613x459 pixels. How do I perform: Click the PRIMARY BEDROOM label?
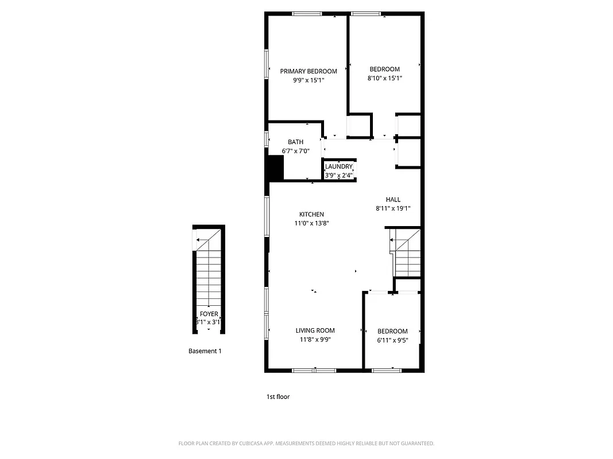pyautogui.click(x=309, y=71)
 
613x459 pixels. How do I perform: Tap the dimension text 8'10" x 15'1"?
pyautogui.click(x=384, y=79)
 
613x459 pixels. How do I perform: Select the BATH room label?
pyautogui.click(x=296, y=142)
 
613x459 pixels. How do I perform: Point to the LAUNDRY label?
pyautogui.click(x=338, y=166)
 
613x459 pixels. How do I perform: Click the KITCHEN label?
pyautogui.click(x=311, y=214)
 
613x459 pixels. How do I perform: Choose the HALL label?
pyautogui.click(x=393, y=200)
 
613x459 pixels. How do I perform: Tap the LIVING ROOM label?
pyautogui.click(x=315, y=330)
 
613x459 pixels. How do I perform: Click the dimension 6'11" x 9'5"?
pyautogui.click(x=392, y=340)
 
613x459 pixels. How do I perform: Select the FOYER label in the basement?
pyautogui.click(x=209, y=314)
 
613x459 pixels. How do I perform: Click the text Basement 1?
pyautogui.click(x=205, y=351)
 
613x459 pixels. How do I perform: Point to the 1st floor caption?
pyautogui.click(x=278, y=396)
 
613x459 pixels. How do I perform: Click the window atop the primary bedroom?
pyautogui.click(x=307, y=14)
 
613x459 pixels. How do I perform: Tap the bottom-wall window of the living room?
pyautogui.click(x=314, y=370)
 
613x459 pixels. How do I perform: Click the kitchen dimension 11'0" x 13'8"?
pyautogui.click(x=311, y=223)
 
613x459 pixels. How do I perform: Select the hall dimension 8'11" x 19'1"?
pyautogui.click(x=393, y=209)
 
